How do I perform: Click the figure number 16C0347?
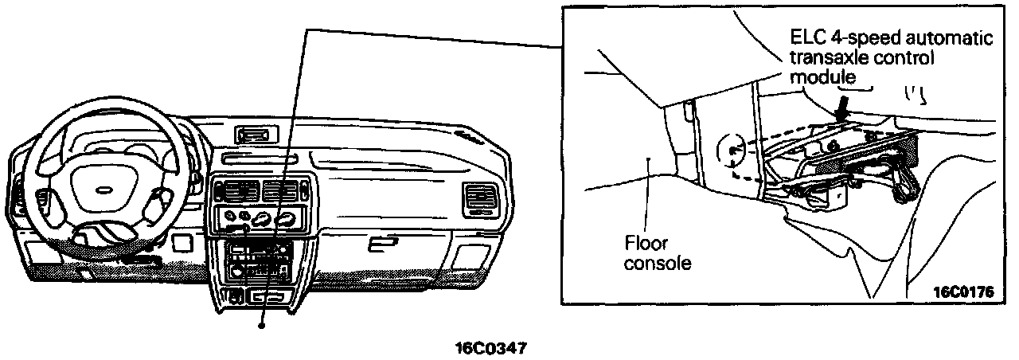pos(491,348)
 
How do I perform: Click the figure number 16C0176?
pos(962,292)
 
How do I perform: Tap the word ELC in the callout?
pos(807,38)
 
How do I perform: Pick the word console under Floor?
pos(658,262)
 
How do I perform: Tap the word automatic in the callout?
pos(956,38)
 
